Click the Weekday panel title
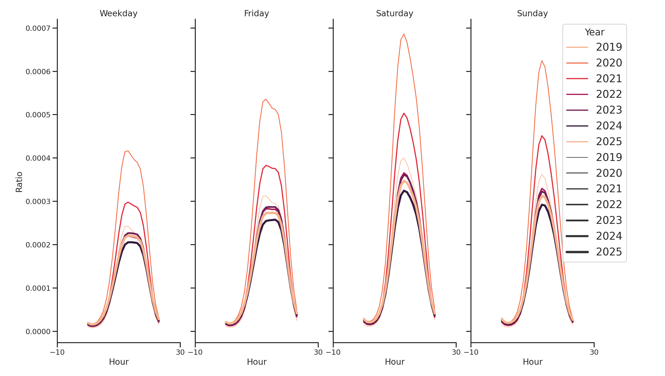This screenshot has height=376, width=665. tap(118, 14)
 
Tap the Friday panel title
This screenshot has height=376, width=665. tap(256, 14)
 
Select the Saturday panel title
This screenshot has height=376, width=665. tap(394, 14)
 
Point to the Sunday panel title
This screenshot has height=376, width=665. tap(532, 14)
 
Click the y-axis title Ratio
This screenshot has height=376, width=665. tap(19, 182)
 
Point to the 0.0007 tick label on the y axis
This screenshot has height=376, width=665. tap(38, 28)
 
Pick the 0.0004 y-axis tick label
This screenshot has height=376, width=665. tap(38, 158)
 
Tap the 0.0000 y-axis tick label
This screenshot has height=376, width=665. tap(38, 332)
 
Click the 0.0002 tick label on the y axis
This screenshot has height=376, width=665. tap(38, 245)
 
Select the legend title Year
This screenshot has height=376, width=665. tap(594, 32)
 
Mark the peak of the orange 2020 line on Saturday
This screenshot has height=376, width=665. tap(404, 34)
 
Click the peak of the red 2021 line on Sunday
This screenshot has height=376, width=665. tap(542, 136)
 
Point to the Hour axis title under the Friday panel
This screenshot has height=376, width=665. tap(256, 362)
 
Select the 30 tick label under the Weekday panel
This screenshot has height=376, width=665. tap(180, 352)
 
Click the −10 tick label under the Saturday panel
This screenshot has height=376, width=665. tap(333, 352)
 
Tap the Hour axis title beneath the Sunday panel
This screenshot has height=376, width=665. tap(532, 362)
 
